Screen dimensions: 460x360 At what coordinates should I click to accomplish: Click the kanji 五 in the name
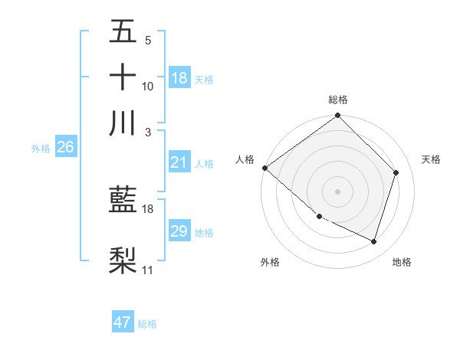[123, 32]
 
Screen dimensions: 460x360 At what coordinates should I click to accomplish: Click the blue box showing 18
[179, 77]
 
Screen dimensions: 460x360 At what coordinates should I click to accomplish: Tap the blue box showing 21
[179, 162]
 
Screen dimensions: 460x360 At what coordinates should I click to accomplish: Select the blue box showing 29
[179, 231]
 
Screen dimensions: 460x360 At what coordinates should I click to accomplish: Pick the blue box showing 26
[65, 147]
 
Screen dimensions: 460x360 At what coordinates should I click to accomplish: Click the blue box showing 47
[123, 322]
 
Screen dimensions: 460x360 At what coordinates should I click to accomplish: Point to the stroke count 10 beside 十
[148, 87]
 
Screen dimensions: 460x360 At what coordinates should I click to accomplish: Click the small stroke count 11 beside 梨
[148, 270]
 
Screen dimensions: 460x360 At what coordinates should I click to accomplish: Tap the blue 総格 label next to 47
[147, 324]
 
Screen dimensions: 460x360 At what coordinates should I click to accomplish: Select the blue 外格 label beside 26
[41, 149]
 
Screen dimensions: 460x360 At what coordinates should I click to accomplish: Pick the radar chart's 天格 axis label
[432, 159]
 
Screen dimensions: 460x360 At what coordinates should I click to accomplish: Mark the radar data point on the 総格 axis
[338, 116]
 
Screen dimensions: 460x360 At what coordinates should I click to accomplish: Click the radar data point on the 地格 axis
[374, 242]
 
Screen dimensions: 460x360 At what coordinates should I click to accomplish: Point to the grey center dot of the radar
[338, 191]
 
